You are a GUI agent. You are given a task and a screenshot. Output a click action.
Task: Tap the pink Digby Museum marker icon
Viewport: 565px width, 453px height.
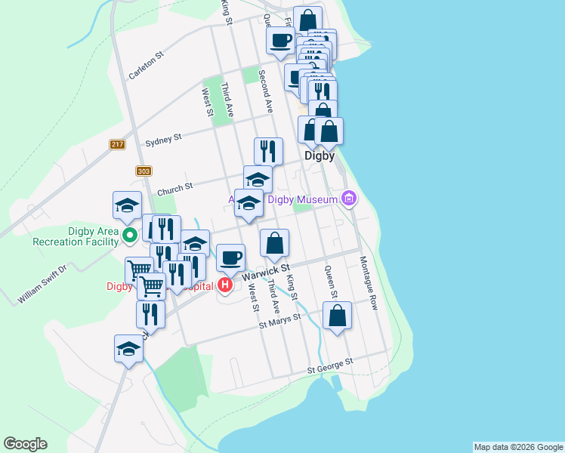(348, 199)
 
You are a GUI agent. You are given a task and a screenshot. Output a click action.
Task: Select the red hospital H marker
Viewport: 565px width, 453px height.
(224, 285)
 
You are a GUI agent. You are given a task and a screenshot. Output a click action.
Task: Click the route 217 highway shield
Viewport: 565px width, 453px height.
(116, 145)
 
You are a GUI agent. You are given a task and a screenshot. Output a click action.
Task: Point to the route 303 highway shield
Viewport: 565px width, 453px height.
(144, 171)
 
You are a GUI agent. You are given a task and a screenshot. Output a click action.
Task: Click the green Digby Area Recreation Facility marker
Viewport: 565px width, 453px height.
(129, 235)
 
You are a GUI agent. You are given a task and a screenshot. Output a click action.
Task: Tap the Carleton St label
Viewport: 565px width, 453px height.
(146, 66)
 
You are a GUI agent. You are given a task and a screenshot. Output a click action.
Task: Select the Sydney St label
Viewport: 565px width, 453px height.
(163, 139)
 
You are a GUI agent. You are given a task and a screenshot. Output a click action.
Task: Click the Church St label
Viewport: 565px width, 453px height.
(175, 188)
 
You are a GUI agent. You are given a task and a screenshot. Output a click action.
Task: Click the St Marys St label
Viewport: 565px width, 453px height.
(279, 321)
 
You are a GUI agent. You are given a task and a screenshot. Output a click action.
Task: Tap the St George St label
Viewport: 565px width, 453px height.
(330, 367)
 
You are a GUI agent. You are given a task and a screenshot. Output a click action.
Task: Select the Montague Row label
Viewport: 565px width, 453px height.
(368, 283)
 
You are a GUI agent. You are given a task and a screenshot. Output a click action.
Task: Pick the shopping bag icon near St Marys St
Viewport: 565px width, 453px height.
(337, 316)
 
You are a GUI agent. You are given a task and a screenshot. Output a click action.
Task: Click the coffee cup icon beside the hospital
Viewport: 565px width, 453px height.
(231, 257)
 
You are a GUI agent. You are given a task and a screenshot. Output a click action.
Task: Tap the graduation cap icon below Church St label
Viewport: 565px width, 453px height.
(249, 203)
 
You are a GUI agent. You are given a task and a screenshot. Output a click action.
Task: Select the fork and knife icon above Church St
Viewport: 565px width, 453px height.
(268, 150)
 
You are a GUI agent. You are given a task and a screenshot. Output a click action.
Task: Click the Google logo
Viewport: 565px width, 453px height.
(25, 444)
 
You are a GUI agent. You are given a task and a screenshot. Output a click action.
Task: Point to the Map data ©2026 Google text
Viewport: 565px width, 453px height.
(518, 447)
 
